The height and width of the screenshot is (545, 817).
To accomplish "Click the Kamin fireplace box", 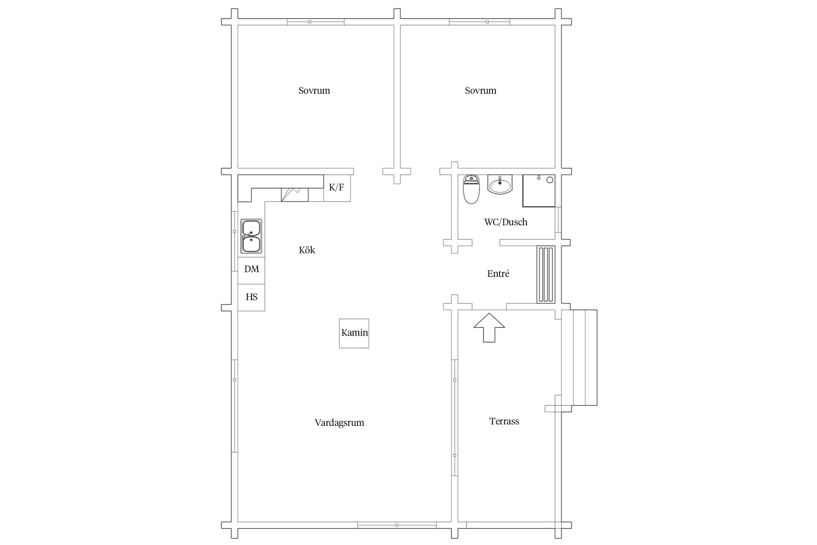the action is (354, 333).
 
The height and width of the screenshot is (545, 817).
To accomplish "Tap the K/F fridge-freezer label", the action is (337, 187).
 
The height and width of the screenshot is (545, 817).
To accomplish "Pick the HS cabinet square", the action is (251, 298).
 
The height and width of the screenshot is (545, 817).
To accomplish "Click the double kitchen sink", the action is (251, 236).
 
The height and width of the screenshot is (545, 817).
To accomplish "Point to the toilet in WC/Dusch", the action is (471, 189).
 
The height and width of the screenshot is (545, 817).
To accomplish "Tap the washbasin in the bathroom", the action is (500, 184).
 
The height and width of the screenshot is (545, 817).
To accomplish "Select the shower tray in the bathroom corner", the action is (539, 191).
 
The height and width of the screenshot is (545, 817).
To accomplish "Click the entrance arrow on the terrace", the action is (489, 327).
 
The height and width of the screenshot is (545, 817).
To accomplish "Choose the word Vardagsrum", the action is (340, 423).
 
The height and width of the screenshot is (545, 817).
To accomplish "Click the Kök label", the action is (307, 250).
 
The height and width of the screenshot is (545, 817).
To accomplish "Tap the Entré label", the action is (498, 274).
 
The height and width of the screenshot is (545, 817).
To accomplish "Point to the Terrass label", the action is (504, 422).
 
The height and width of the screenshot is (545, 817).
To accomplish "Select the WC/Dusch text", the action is (506, 222).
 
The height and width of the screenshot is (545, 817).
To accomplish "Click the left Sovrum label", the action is (314, 91).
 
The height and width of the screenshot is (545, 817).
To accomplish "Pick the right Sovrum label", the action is (481, 91).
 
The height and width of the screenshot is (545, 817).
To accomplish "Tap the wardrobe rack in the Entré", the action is (546, 275).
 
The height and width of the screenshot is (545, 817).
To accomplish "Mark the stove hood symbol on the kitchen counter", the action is (294, 195).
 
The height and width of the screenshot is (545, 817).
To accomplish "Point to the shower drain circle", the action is (550, 180).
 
